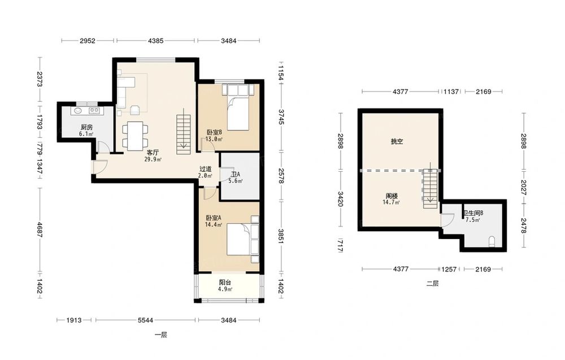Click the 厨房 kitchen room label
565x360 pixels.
tap(86, 127)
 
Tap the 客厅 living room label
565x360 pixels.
tap(153, 153)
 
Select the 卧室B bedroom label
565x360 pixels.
tap(214, 132)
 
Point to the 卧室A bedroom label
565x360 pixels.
tap(214, 218)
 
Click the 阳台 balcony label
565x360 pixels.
tap(225, 283)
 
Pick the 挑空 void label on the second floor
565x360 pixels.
tap(397, 142)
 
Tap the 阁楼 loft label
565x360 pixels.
tap(392, 196)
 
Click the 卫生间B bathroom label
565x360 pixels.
tap(473, 213)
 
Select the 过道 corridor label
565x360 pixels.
tap(206, 169)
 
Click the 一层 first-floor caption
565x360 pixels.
tap(160, 335)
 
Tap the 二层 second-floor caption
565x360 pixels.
tap(432, 284)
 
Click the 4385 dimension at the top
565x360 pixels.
tap(156, 41)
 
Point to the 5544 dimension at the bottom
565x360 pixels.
tap(146, 320)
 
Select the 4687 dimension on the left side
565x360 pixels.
tap(40, 229)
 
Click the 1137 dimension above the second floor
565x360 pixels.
tap(451, 92)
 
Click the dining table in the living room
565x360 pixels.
tap(135, 136)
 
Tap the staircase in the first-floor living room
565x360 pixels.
tap(184, 135)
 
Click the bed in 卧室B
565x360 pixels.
tap(238, 107)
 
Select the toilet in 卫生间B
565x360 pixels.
tap(492, 242)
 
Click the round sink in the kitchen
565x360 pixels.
tap(78, 110)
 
